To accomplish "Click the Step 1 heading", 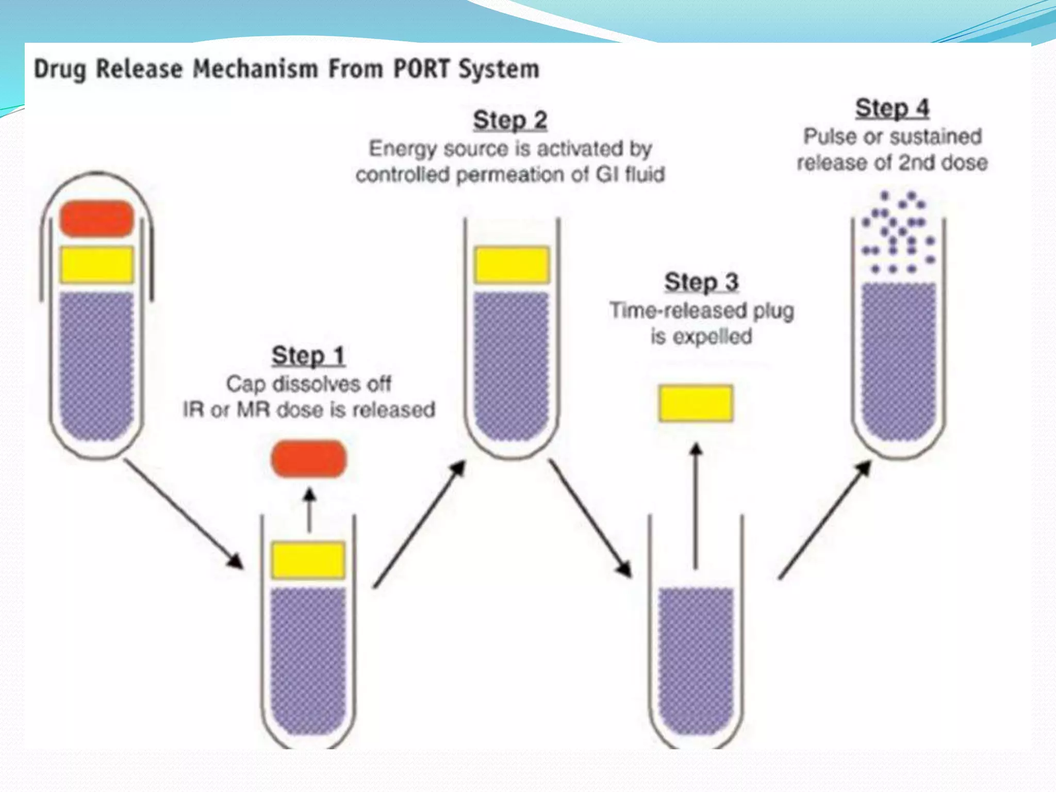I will [308, 356].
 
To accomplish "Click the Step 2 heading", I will [510, 121].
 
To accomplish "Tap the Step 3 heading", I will [701, 283].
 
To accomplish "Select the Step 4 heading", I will [892, 109].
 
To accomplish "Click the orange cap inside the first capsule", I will [97, 219].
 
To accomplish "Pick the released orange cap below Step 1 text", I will [309, 458].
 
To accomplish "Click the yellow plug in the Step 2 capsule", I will [511, 265].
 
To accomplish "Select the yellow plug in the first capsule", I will [97, 265].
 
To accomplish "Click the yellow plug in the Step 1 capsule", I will [308, 560].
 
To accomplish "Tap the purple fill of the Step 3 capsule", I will [696, 660].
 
